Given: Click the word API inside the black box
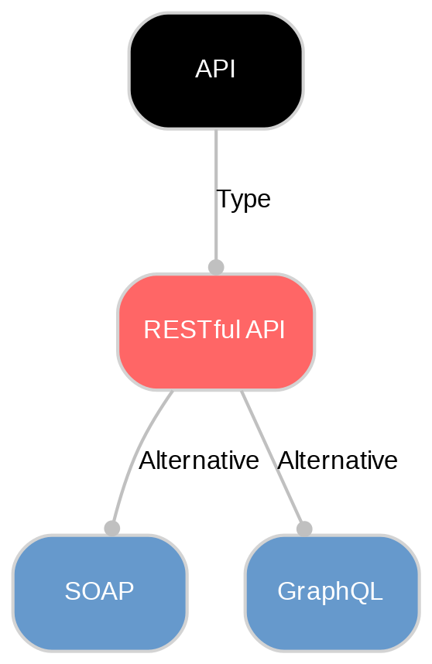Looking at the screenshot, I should [215, 70].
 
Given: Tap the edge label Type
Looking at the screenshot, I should [243, 200].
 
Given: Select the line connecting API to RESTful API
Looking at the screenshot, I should [215, 170].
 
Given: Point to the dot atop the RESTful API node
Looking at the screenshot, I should [216, 267].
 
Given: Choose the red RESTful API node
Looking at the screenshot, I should [215, 360].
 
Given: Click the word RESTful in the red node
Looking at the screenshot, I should [192, 330].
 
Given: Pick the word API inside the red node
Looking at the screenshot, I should [266, 330].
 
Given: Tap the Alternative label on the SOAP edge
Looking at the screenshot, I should [198, 460].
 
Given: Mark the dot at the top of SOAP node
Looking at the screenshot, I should [111, 528].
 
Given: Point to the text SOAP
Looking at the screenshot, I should [99, 592].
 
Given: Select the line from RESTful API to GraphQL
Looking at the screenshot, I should [271, 457].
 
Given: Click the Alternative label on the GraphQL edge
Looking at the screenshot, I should [337, 460].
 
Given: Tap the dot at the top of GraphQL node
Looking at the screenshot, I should [304, 528].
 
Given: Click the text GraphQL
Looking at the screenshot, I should [330, 592].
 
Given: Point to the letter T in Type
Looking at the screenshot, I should [223, 199].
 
